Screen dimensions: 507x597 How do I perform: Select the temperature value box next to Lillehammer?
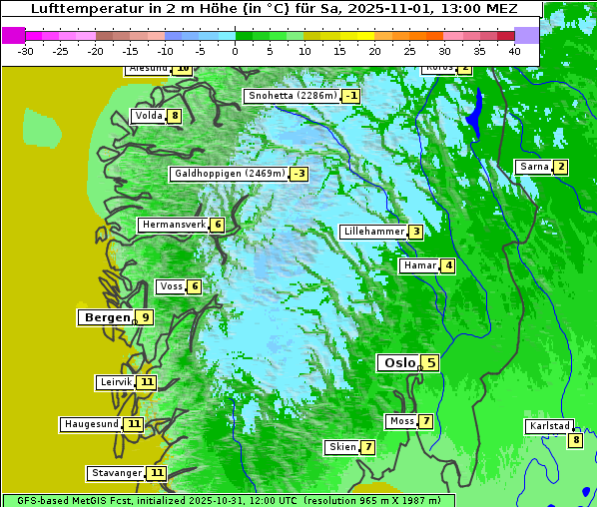click(415, 232)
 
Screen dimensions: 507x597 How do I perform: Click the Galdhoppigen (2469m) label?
click(230, 174)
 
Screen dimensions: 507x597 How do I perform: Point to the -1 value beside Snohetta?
click(350, 96)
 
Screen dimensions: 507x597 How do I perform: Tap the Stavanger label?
click(116, 473)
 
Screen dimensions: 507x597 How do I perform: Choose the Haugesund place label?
click(92, 424)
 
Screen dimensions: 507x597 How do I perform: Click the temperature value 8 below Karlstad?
click(575, 440)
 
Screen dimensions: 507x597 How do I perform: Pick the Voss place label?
click(171, 286)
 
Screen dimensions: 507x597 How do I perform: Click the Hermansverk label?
click(173, 225)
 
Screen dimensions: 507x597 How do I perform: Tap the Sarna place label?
click(533, 167)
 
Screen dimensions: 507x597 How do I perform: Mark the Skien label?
click(342, 447)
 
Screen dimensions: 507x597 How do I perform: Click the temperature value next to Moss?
click(425, 421)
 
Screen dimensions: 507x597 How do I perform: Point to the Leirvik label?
click(116, 382)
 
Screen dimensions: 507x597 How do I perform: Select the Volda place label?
click(148, 116)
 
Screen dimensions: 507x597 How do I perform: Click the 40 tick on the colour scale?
click(514, 50)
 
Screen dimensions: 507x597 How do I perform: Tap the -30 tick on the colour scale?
click(26, 50)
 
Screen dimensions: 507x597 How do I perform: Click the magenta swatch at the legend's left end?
click(13, 35)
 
